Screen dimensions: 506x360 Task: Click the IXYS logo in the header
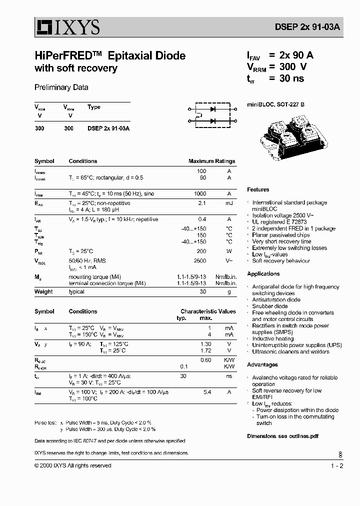67,27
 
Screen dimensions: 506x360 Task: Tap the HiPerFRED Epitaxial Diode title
110,56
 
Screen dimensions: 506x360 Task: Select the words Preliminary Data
61,87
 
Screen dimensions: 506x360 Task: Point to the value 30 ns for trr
292,78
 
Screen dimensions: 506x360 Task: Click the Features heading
258,189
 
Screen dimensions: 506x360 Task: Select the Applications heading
263,274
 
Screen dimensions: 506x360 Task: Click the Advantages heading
262,365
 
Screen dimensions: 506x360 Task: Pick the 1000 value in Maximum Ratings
200,193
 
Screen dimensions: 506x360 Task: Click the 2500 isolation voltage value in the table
200,261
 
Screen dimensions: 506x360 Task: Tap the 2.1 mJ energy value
202,203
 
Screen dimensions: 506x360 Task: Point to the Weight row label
43,292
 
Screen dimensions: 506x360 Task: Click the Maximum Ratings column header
211,161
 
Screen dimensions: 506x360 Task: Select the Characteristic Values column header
208,311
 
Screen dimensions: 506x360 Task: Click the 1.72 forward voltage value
205,351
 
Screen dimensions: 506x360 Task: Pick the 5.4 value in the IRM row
206,392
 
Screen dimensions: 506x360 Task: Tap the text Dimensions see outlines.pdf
282,436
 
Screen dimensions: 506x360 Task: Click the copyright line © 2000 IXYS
73,465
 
